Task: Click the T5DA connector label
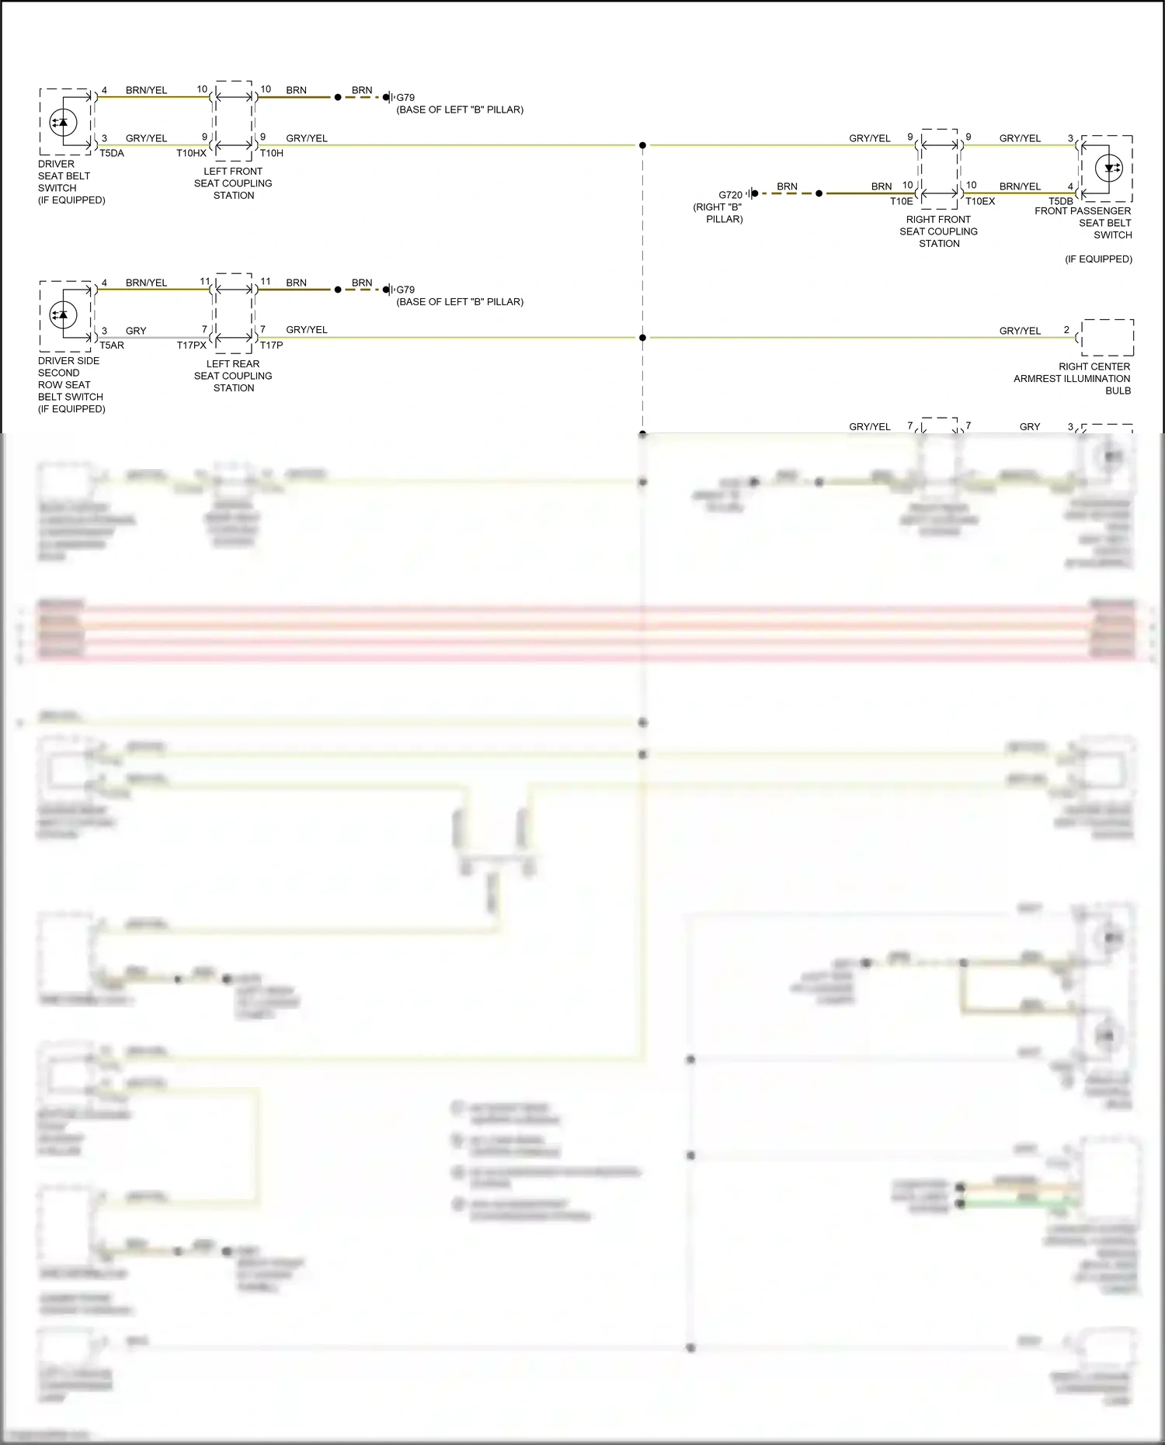click(112, 153)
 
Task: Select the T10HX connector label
click(191, 153)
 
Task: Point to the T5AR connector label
click(112, 346)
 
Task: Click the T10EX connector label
click(980, 201)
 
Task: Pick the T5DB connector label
click(1060, 201)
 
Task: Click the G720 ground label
click(730, 195)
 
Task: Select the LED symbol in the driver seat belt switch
click(63, 123)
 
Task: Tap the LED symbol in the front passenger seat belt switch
click(1108, 168)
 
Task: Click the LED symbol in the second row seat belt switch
click(63, 314)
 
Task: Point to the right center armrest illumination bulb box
click(1108, 338)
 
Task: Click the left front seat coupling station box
click(234, 121)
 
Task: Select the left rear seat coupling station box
click(234, 314)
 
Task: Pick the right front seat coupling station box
click(939, 169)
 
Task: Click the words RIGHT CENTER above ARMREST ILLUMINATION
click(1094, 366)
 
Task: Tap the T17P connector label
click(271, 346)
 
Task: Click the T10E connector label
click(901, 201)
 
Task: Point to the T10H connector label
click(271, 153)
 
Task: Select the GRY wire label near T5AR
click(136, 331)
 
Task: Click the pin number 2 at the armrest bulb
click(1066, 330)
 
